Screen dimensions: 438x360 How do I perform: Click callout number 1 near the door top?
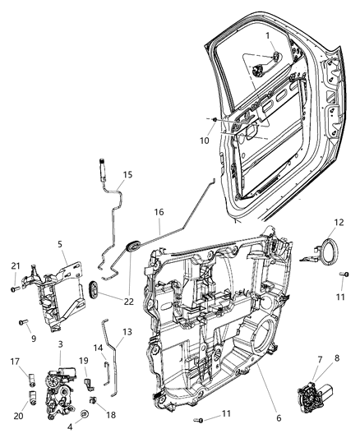(267, 35)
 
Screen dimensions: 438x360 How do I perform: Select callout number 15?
(127, 174)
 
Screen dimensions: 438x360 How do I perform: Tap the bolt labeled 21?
(14, 288)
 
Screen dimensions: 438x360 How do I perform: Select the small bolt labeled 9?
(24, 322)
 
